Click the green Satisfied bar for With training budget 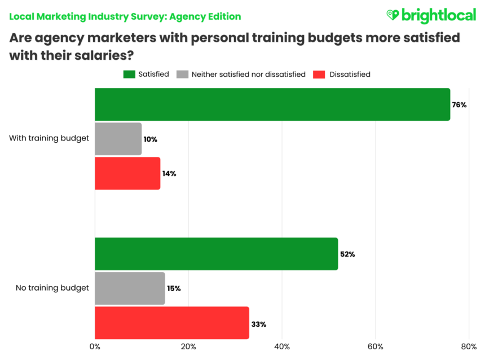272,104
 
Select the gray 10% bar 118,139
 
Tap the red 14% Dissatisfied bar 127,173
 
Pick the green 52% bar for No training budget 216,254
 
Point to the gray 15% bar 130,288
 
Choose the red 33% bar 172,323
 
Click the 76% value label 459,104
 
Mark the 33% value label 259,324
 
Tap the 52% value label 347,254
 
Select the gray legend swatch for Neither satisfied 182,74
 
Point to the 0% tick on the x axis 95,346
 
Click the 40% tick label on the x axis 282,346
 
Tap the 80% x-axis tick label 469,346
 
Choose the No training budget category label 52,288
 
